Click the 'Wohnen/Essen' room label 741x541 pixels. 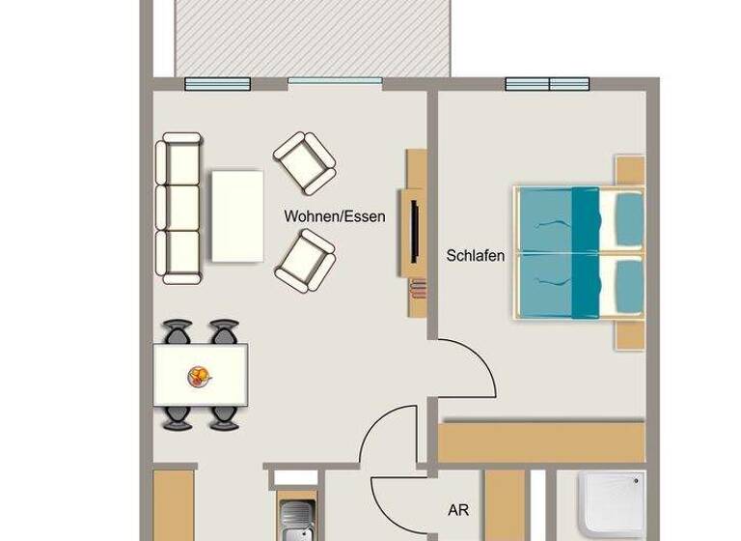tap(334, 216)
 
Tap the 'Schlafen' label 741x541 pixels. tap(476, 256)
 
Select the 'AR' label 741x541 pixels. tap(458, 509)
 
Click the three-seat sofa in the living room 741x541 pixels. tap(179, 208)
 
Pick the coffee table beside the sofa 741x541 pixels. tap(236, 215)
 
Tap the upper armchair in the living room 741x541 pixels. tap(305, 161)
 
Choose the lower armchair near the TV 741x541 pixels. tap(305, 258)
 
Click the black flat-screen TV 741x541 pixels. tap(414, 229)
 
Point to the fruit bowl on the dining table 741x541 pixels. tap(200, 374)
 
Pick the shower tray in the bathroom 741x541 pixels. tap(614, 506)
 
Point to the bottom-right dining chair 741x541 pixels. tap(225, 416)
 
